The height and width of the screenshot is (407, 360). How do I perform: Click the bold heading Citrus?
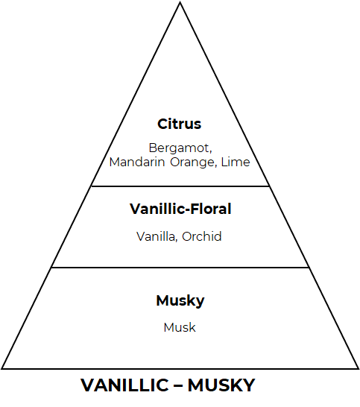179,124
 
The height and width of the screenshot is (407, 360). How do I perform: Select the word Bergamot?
179,148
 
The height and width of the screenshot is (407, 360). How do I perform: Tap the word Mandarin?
137,162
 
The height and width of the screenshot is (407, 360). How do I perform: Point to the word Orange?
192,163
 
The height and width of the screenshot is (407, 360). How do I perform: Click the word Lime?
236,162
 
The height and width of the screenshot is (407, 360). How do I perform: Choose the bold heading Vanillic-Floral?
180,209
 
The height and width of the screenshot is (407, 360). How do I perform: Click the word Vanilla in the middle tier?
156,236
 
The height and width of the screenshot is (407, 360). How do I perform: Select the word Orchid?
202,236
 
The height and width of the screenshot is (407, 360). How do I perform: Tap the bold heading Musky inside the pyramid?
180,301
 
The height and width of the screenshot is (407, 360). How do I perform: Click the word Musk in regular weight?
180,327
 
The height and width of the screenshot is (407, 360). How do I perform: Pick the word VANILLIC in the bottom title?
124,385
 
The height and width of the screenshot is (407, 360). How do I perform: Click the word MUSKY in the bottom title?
221,385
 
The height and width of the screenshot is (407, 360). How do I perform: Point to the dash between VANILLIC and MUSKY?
178,385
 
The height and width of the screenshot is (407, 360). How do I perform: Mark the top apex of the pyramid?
180,2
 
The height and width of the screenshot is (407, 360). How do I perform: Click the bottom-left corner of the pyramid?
1,368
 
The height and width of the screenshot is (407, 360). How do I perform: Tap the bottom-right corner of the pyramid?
359,368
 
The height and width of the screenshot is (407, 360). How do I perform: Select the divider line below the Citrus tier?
180,186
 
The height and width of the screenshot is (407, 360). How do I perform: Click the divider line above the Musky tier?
180,268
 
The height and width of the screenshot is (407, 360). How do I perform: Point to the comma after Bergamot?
210,152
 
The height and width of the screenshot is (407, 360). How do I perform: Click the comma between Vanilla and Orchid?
177,240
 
